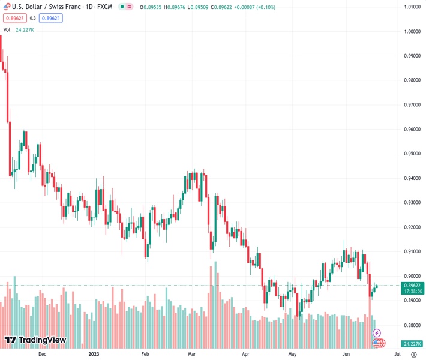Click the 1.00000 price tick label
[412, 31]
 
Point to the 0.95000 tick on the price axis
[412, 154]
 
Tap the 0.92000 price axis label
[412, 227]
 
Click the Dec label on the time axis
[42, 354]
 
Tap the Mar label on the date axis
[191, 354]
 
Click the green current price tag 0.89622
[412, 286]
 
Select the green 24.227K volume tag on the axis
[412, 344]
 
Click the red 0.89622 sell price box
[14, 18]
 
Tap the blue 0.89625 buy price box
[50, 18]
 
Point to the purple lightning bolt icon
[377, 332]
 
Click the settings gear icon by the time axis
[414, 354]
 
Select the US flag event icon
[379, 343]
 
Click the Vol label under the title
[7, 29]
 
